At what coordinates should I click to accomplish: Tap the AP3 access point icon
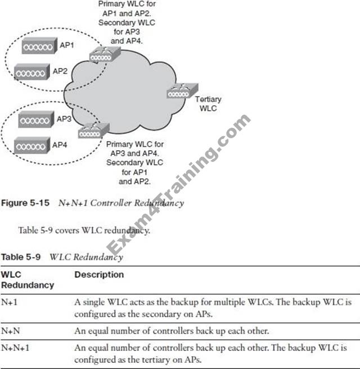(x=35, y=120)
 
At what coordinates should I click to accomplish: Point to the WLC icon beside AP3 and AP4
(x=91, y=133)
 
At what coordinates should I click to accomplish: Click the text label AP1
(x=66, y=46)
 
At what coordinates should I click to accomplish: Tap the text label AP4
(x=60, y=145)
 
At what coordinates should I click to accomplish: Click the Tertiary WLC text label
(x=204, y=103)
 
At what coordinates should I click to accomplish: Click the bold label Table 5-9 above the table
(x=23, y=257)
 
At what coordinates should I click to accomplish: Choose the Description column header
(x=98, y=275)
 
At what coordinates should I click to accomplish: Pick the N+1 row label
(x=10, y=302)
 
